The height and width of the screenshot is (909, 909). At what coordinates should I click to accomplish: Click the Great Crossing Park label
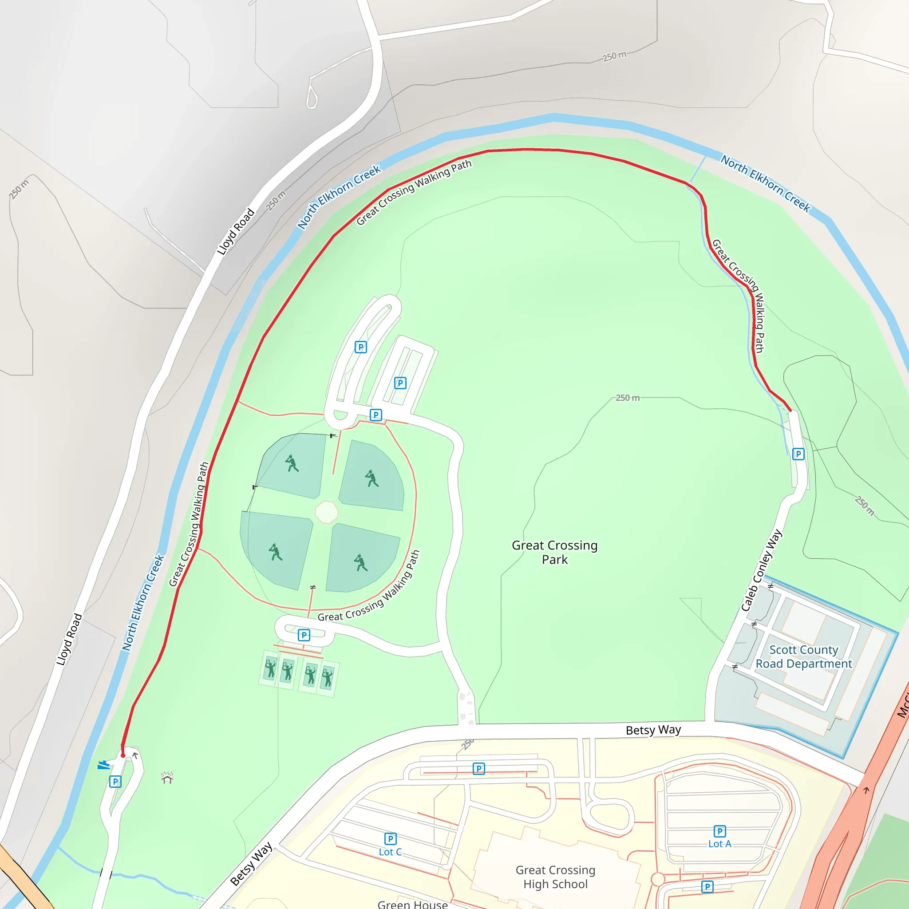click(555, 552)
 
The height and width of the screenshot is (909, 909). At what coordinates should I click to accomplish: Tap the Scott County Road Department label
click(804, 657)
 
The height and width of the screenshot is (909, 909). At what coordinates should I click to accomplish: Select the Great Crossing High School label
click(555, 877)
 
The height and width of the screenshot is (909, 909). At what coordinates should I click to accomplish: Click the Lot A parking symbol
click(719, 831)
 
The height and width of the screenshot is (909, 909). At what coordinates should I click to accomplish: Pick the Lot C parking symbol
click(390, 839)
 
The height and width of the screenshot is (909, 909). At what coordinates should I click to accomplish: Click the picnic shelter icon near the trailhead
click(167, 778)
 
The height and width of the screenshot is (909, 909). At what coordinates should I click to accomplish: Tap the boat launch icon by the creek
click(103, 766)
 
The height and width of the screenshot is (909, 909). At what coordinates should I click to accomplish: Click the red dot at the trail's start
click(123, 755)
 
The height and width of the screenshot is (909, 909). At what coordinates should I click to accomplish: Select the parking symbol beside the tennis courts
click(304, 635)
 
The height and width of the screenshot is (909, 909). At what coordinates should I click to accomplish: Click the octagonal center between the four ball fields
click(327, 512)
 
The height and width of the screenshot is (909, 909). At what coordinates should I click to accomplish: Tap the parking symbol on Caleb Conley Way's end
click(798, 454)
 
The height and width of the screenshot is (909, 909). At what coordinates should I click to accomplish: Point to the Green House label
click(413, 904)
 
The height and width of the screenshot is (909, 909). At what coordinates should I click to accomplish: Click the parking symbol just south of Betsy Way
click(478, 769)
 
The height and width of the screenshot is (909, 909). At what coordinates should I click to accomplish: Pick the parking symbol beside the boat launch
click(115, 782)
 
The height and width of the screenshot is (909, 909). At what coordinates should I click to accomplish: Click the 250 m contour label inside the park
click(628, 398)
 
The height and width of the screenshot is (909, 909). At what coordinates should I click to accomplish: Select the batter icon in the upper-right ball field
click(372, 478)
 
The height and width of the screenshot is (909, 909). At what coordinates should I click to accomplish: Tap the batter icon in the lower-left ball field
click(275, 552)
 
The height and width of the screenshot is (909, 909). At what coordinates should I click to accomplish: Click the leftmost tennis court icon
click(270, 668)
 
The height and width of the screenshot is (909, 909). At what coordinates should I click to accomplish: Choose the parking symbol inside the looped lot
click(360, 347)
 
